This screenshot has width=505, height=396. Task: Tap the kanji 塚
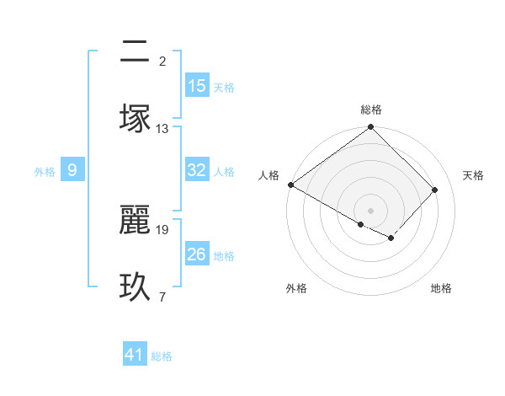(x=136, y=116)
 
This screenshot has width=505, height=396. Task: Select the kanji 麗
(x=136, y=218)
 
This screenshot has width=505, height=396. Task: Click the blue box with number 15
(x=197, y=86)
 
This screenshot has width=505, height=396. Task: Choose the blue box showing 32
(x=197, y=170)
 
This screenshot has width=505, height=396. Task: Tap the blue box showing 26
(x=197, y=254)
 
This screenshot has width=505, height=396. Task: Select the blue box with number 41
(x=135, y=356)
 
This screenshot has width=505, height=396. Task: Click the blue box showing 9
(x=72, y=171)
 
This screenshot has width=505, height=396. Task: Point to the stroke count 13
(x=162, y=129)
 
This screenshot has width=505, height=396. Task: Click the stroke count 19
(x=162, y=229)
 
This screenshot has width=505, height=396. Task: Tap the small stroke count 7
(x=162, y=297)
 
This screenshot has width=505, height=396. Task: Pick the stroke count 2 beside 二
(x=162, y=61)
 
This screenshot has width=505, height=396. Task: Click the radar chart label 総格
(x=371, y=110)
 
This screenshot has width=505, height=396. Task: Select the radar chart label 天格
(x=473, y=175)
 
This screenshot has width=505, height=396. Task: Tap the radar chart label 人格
(x=269, y=175)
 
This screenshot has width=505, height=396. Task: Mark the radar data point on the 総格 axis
(x=371, y=127)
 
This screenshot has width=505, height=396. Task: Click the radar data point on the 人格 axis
(x=290, y=185)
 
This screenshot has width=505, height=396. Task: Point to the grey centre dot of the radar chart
(x=371, y=210)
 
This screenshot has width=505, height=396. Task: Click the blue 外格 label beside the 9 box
(x=45, y=172)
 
